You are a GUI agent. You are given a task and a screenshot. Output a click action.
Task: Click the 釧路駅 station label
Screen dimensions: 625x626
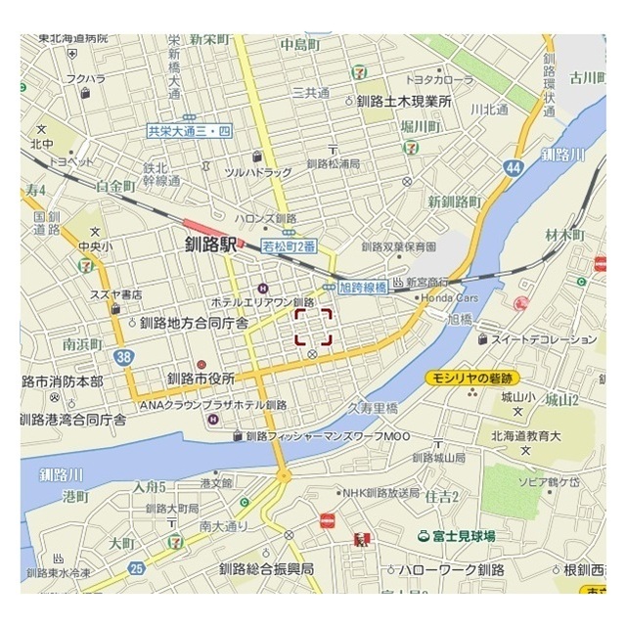[x=210, y=246]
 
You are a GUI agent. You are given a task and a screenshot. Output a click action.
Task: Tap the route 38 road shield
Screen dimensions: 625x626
[x=122, y=357]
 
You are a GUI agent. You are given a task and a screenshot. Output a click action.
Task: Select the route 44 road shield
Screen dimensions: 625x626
[x=514, y=168]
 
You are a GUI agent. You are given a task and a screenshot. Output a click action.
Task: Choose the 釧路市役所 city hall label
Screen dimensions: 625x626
[x=201, y=379]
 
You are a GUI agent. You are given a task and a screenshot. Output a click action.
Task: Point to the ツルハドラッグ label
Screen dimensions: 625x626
[x=258, y=172]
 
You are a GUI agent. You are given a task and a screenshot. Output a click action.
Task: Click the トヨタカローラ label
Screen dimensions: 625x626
[x=441, y=79]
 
